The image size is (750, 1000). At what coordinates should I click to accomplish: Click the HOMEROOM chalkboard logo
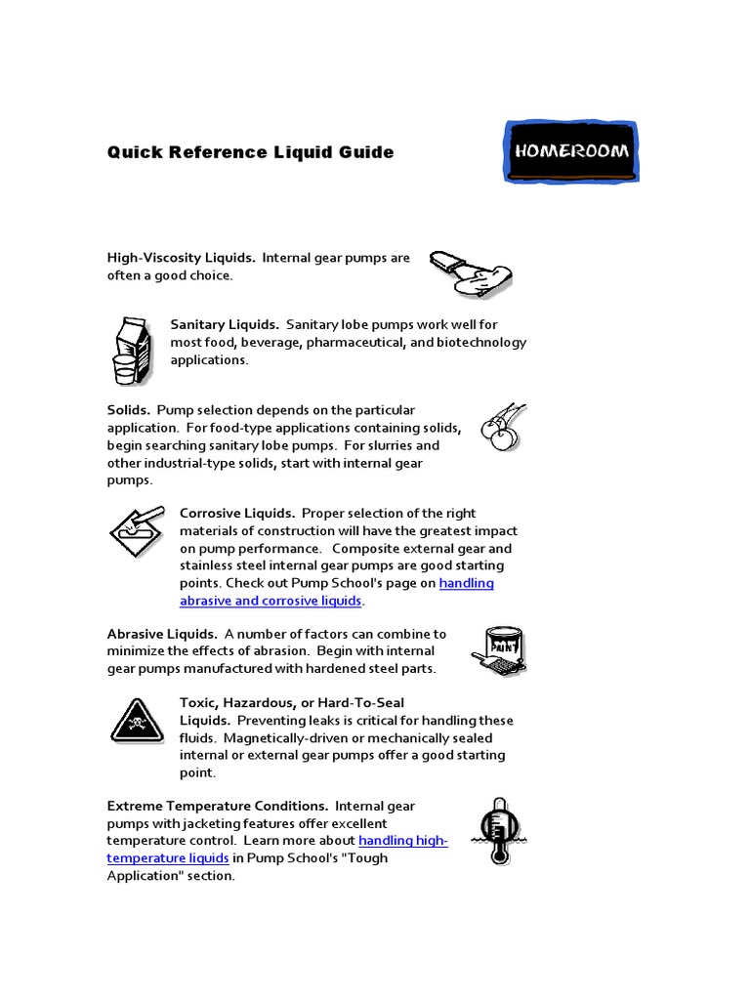(571, 152)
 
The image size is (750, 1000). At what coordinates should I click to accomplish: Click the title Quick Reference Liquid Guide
(250, 152)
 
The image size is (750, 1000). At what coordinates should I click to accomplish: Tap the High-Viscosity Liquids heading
(181, 258)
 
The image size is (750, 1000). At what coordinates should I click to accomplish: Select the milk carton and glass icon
(132, 351)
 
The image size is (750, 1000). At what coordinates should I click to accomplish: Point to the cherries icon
(503, 427)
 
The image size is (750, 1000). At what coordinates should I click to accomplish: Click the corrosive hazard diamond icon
(136, 531)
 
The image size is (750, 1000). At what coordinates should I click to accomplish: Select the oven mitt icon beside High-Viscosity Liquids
(471, 273)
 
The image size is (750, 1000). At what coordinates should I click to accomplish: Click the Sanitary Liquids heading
(225, 324)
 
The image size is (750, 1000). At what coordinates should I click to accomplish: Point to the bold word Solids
(128, 410)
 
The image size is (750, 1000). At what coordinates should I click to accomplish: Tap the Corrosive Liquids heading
(236, 514)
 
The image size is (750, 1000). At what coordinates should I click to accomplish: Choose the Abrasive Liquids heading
(161, 634)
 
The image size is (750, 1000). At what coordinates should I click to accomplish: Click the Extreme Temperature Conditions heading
(217, 806)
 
